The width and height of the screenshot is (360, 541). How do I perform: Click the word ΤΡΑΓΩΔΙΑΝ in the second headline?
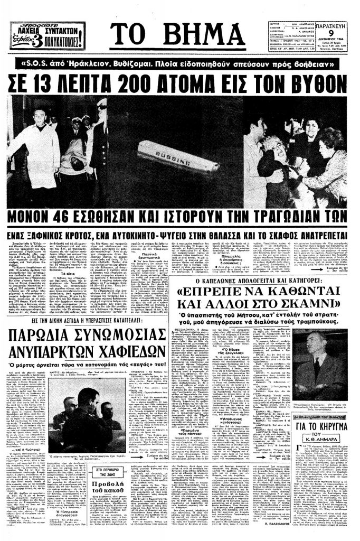pos(272,217)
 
